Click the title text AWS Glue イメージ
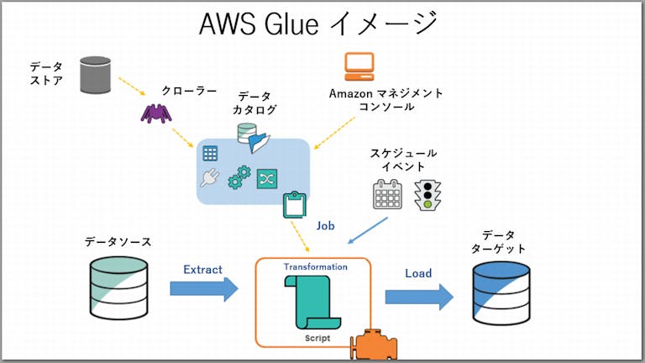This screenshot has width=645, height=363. [x=318, y=23]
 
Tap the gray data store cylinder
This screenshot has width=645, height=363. [x=95, y=74]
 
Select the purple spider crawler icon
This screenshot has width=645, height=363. [x=155, y=112]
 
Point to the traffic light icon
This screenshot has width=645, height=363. [x=429, y=193]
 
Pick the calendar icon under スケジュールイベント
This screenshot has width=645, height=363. [x=388, y=194]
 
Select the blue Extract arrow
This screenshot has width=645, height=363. [x=204, y=290]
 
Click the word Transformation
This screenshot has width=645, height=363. [x=315, y=266]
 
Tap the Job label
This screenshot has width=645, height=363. [x=326, y=225]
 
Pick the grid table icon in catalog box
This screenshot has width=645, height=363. [x=210, y=154]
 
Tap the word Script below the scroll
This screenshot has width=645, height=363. [x=317, y=338]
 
